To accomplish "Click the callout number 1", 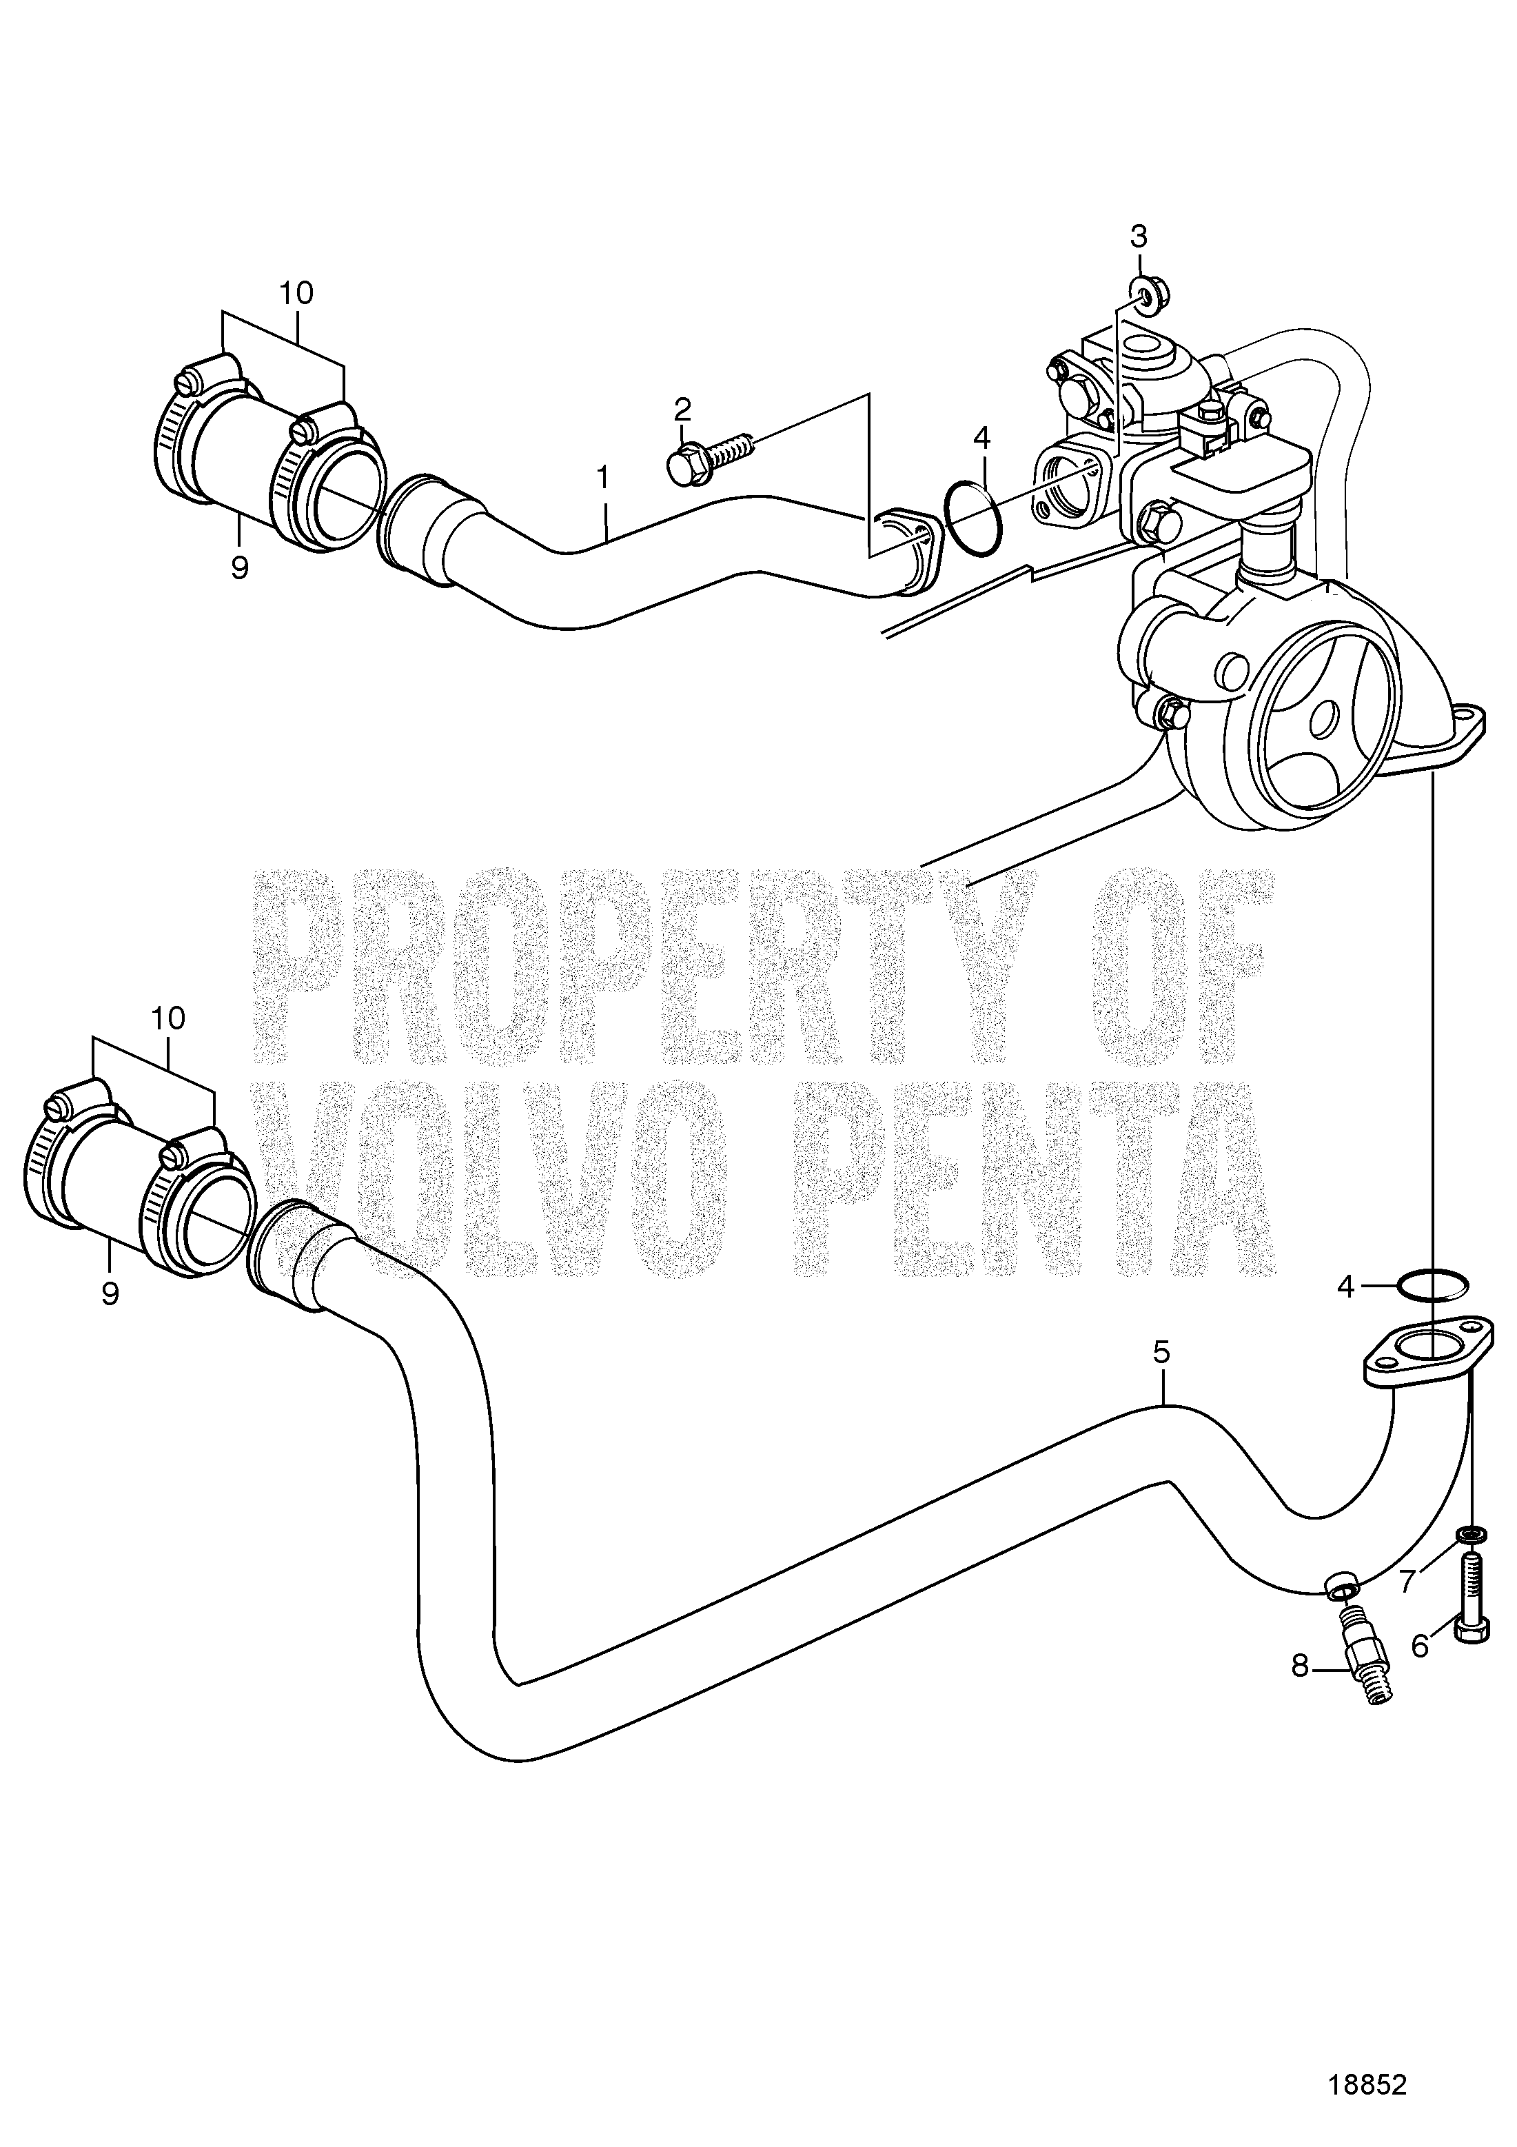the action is click(x=603, y=478).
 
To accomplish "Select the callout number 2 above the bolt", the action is click(x=683, y=409).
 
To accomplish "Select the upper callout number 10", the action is click(x=296, y=293).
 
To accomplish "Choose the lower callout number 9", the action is click(x=110, y=1293).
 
